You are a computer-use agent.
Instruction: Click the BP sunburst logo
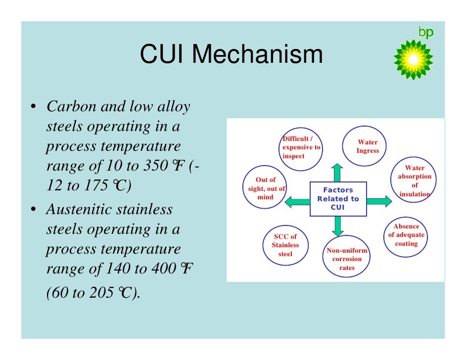413,59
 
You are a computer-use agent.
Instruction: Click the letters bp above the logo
426,33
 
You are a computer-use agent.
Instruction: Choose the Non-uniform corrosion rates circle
347,259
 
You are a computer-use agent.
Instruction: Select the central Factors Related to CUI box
338,199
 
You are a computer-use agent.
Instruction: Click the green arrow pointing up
337,173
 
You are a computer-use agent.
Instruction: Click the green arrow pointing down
338,225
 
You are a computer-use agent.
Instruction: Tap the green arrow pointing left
297,201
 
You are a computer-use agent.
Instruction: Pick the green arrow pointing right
379,201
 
